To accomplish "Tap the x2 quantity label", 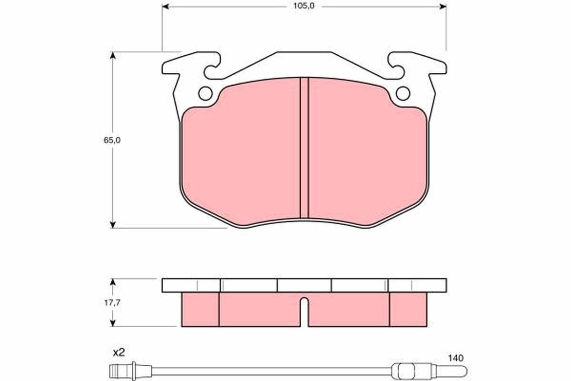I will coord(118,353).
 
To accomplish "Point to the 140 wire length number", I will coord(455,357).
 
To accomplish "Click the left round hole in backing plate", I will coord(206,93).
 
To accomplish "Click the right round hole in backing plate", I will coord(403,93).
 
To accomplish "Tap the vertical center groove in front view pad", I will coord(305,148).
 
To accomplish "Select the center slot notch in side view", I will coord(305,312).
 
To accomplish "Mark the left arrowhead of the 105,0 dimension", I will coord(166,7).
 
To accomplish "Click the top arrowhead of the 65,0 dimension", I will coord(113,55).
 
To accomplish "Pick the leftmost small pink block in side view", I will coord(200,310).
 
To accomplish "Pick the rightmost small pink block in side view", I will coord(408,310).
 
